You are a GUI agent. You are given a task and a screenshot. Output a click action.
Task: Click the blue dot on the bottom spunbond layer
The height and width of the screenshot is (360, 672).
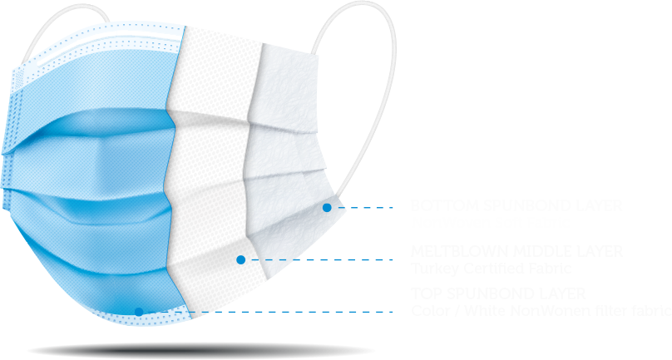click(x=327, y=207)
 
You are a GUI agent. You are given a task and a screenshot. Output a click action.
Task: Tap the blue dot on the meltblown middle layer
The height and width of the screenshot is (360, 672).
click(x=241, y=259)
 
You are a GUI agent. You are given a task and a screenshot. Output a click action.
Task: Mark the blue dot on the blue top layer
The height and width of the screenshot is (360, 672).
click(x=139, y=312)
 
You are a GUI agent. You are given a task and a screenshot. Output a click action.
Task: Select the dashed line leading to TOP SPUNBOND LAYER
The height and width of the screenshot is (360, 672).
click(x=274, y=313)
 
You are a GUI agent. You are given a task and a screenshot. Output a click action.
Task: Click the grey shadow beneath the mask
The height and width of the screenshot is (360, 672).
click(x=200, y=350)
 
